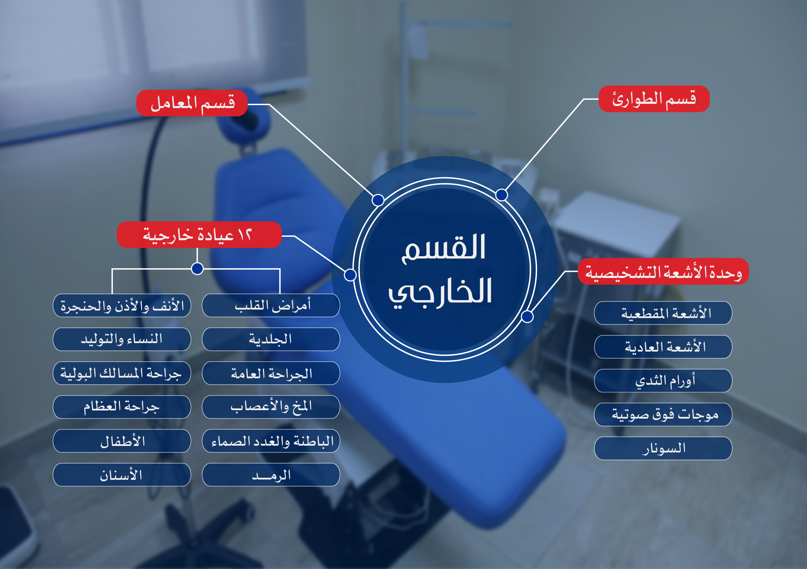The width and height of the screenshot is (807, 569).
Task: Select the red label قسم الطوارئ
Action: tap(654, 99)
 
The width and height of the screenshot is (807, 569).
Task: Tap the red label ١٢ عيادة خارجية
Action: tap(199, 235)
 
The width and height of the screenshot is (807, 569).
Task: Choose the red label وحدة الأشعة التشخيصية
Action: tap(663, 271)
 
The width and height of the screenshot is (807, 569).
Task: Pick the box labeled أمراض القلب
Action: tap(271, 306)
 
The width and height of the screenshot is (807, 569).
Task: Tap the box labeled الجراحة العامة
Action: tap(271, 373)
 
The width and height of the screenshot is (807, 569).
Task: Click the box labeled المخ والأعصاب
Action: tap(271, 407)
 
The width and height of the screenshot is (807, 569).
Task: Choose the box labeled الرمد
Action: tap(271, 475)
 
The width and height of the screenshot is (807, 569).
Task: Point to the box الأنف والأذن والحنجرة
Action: tap(122, 306)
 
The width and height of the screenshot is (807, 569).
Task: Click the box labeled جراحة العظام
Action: tap(122, 407)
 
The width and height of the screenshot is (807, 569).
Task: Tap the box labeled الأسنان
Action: tap(122, 475)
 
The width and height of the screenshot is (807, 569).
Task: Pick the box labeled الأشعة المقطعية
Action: tap(663, 313)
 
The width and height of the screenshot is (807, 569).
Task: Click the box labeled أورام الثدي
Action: tap(663, 381)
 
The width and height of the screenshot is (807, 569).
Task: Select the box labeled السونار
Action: tap(663, 448)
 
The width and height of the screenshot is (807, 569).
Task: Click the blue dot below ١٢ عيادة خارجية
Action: tap(197, 269)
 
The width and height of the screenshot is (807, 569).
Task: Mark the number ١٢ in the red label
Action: tap(245, 234)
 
